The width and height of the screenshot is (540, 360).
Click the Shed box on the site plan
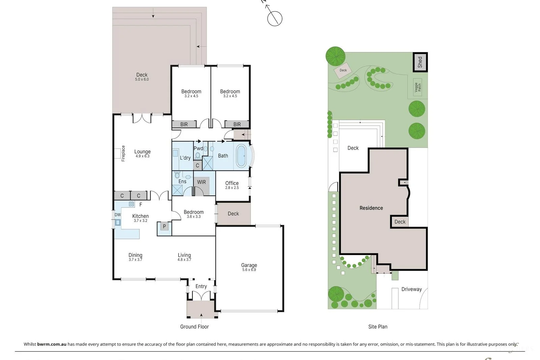pyautogui.click(x=420, y=62)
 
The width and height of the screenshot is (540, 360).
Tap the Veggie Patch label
pyautogui.click(x=418, y=87)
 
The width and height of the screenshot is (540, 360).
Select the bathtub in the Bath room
pyautogui.click(x=241, y=156)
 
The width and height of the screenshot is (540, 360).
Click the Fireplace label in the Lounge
pyautogui.click(x=123, y=154)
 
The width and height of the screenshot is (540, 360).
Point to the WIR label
pyautogui.click(x=201, y=182)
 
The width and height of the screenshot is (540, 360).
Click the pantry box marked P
pyautogui.click(x=164, y=226)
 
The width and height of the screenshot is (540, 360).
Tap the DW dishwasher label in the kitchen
pyautogui.click(x=117, y=215)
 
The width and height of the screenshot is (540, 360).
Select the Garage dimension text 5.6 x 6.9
pyautogui.click(x=249, y=270)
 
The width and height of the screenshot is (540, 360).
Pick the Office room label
pyautogui.click(x=232, y=183)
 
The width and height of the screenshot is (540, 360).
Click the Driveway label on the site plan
pyautogui.click(x=411, y=289)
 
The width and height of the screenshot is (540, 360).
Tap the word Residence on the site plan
pyautogui.click(x=371, y=208)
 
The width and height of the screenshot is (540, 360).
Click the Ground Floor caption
pyautogui.click(x=194, y=327)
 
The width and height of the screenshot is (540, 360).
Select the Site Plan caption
pyautogui.click(x=378, y=327)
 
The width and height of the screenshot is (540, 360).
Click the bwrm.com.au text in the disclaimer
pyautogui.click(x=52, y=344)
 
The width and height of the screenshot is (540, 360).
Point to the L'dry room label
pyautogui.click(x=185, y=158)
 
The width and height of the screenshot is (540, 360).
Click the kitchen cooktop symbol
pyautogui.click(x=132, y=204)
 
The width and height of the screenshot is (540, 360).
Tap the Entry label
pyautogui.click(x=201, y=286)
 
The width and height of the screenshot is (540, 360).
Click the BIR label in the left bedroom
pyautogui.click(x=184, y=124)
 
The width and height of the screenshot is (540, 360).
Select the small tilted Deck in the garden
pyautogui.click(x=343, y=71)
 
